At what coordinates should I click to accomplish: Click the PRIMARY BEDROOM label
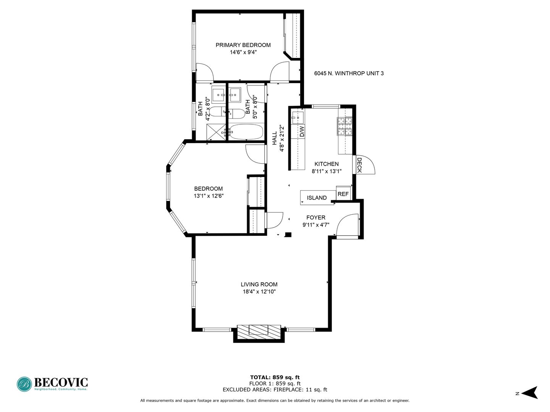tap(243, 45)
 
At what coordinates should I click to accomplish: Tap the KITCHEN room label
tap(327, 164)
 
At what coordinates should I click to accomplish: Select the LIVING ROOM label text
tap(259, 285)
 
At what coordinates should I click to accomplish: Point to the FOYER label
tap(316, 217)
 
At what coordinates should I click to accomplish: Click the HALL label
tap(275, 138)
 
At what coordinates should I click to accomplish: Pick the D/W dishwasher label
tap(302, 131)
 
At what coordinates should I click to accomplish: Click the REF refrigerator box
tap(343, 193)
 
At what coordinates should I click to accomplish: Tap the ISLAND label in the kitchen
tap(317, 198)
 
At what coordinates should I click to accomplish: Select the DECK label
tap(359, 165)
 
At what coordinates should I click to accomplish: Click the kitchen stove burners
tap(345, 126)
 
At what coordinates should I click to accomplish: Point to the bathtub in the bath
tap(246, 132)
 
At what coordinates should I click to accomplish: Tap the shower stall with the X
tap(214, 132)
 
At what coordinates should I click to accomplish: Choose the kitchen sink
tap(298, 118)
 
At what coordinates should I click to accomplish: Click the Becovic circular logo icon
tap(24, 384)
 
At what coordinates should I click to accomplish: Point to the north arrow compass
tap(529, 393)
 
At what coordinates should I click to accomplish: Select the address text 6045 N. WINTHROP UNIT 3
tap(349, 73)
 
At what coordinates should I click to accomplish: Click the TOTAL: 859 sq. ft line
tap(275, 378)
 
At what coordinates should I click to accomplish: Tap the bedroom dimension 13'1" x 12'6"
tap(209, 196)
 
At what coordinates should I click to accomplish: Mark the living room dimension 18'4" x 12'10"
tap(259, 292)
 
